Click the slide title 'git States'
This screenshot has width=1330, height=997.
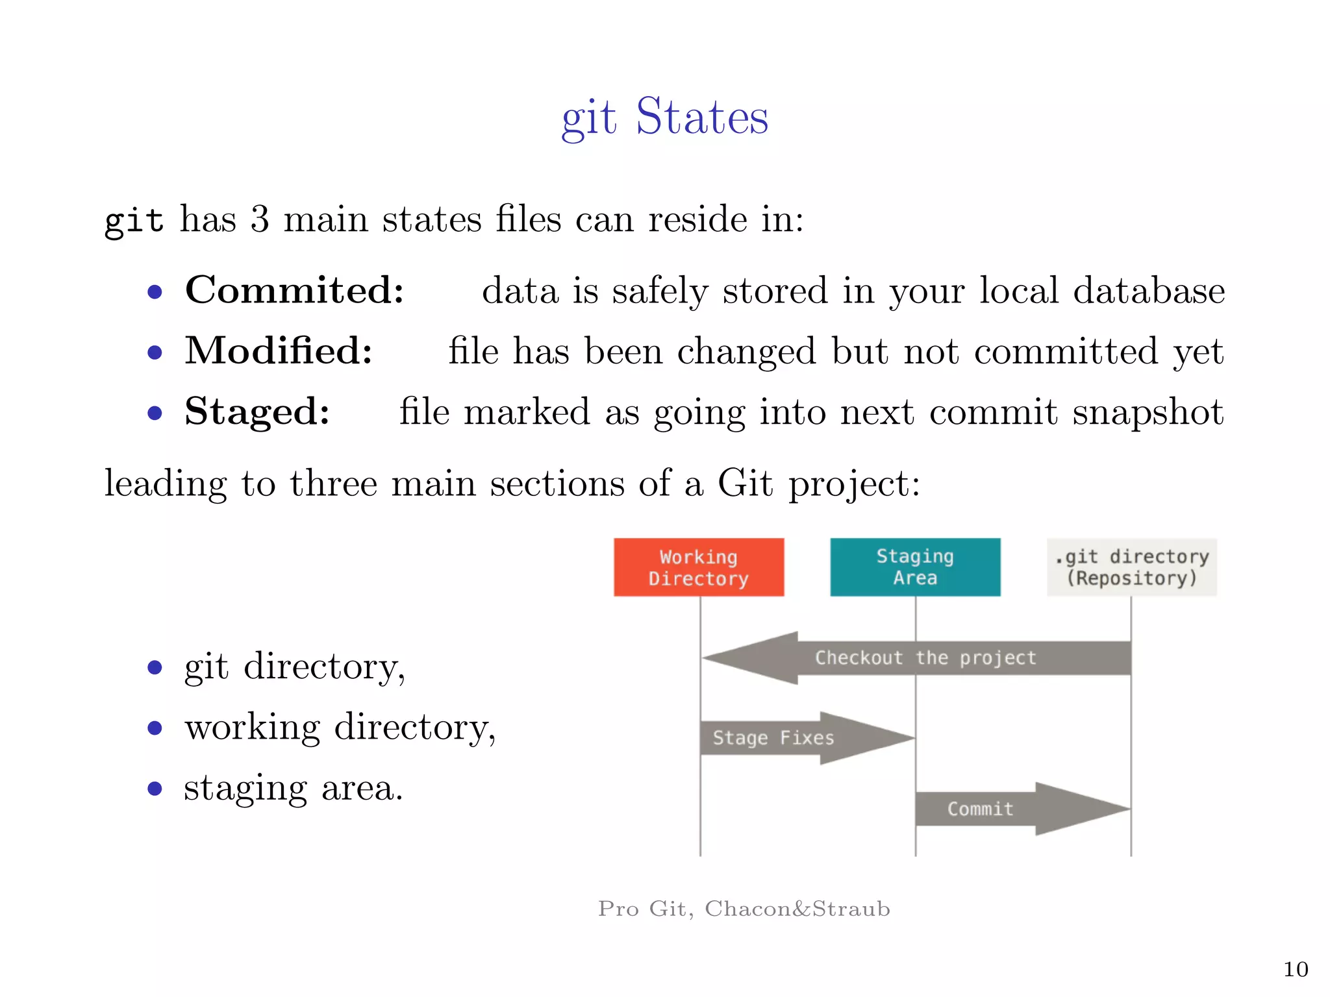coord(664,117)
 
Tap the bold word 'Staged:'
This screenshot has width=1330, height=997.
coord(257,412)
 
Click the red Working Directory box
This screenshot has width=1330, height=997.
coord(699,567)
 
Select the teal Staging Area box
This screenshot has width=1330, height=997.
coord(915,567)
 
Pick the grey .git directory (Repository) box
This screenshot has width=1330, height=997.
coord(1131,567)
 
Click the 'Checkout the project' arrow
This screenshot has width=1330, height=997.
coord(925,658)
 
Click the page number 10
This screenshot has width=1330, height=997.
coord(1295,969)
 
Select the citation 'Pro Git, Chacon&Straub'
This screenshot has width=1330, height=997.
coord(744,908)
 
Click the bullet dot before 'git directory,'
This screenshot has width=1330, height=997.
coord(155,667)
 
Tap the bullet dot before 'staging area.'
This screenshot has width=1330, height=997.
coord(155,789)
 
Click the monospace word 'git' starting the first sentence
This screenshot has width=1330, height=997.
coord(134,220)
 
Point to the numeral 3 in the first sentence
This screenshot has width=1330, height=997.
coord(260,219)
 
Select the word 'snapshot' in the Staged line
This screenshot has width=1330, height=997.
coord(1148,412)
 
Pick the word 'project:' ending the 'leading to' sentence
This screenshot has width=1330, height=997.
coord(854,484)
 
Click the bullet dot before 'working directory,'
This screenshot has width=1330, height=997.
coord(155,728)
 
